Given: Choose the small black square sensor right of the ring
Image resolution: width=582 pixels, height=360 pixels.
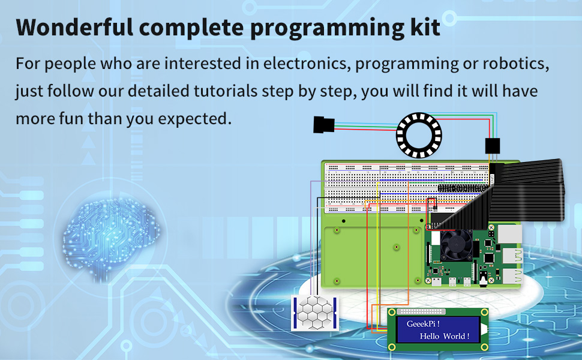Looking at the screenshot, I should (492, 146).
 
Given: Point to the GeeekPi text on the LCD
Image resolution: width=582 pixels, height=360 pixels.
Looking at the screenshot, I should (423, 324).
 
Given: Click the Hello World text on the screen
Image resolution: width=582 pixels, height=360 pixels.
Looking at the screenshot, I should (444, 336).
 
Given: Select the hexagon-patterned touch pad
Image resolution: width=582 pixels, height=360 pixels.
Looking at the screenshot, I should (315, 312).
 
